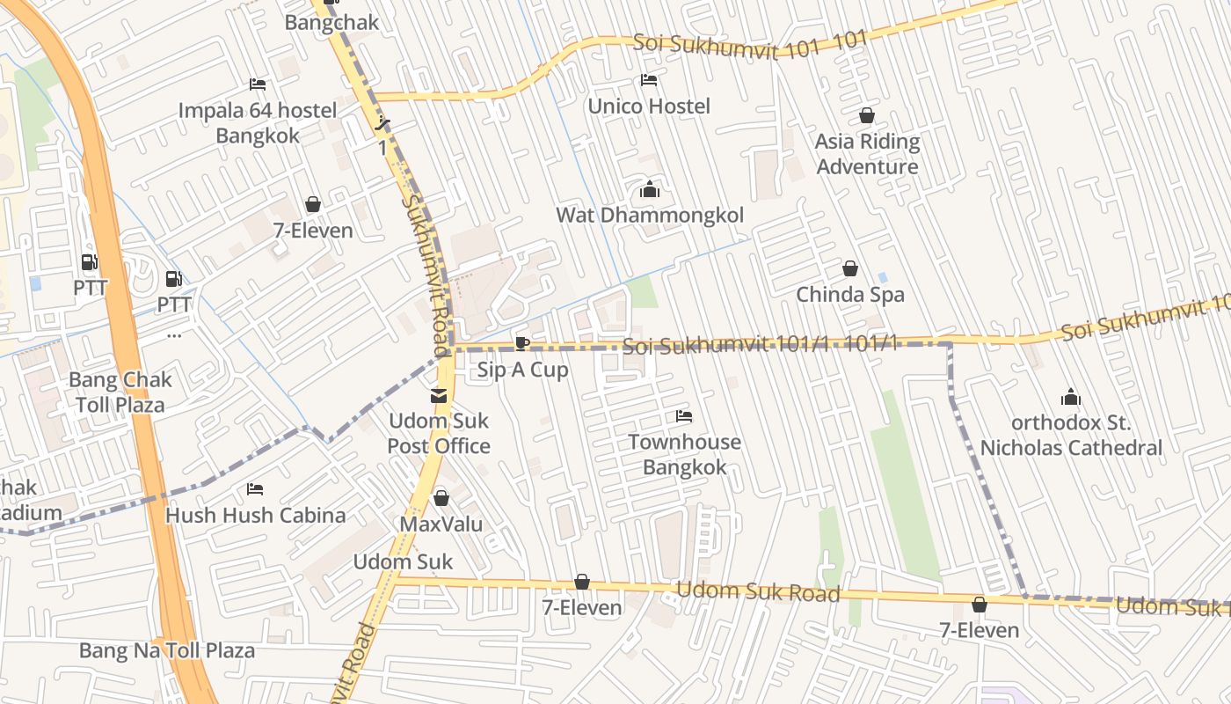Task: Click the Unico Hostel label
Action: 649,106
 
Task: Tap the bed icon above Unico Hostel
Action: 649,80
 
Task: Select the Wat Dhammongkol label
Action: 650,216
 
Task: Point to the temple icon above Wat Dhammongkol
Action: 650,189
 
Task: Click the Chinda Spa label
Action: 850,295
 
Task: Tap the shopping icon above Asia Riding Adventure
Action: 867,115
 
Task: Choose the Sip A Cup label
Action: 523,370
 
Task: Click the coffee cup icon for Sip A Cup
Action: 522,343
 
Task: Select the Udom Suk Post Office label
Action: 439,434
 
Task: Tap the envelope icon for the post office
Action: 439,396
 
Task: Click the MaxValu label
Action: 441,524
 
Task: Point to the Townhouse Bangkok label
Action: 684,454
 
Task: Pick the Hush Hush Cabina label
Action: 255,515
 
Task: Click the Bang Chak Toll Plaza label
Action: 120,392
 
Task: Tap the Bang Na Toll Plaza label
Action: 167,650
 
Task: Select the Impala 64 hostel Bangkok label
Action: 258,123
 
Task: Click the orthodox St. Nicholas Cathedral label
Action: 1071,436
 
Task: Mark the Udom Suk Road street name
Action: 758,591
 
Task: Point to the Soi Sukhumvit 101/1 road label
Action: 760,345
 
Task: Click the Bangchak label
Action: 331,23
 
